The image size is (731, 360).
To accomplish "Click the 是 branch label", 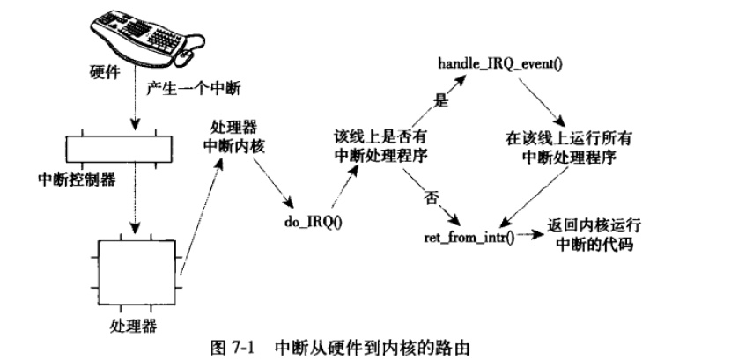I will coord(442,101).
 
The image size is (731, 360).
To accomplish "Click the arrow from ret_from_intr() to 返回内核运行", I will coord(528,236).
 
